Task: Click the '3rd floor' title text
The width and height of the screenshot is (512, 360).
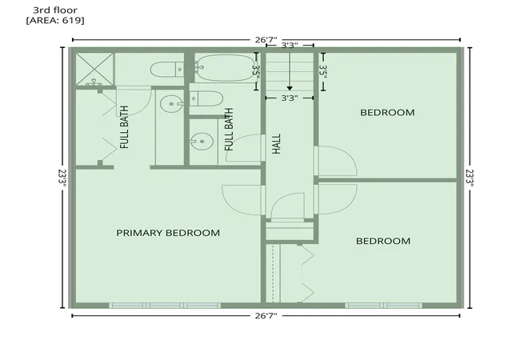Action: tap(55, 10)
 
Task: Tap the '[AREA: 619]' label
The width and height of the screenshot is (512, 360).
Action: tap(55, 21)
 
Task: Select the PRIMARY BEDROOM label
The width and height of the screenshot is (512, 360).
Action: tap(168, 233)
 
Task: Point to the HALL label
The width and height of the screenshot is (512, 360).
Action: tap(277, 144)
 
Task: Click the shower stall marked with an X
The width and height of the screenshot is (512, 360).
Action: tap(94, 69)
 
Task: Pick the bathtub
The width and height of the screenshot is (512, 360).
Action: tap(226, 68)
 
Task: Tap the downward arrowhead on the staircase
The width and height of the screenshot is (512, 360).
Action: tap(290, 89)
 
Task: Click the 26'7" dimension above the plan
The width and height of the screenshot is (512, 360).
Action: tap(266, 40)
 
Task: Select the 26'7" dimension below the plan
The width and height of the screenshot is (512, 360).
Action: tap(266, 315)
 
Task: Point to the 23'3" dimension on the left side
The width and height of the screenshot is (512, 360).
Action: tap(62, 178)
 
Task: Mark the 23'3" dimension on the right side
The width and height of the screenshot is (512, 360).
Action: tap(470, 178)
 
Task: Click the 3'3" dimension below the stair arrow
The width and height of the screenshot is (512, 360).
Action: tap(290, 98)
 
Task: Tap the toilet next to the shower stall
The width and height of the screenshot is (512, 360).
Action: tap(167, 70)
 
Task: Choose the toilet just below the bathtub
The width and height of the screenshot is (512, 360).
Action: tap(206, 98)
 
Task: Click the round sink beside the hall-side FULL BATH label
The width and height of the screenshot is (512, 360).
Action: tap(202, 142)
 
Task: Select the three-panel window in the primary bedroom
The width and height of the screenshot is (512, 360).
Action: tap(165, 306)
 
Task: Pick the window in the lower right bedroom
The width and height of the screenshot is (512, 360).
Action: tap(384, 306)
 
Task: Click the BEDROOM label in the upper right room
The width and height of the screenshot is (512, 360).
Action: tap(387, 112)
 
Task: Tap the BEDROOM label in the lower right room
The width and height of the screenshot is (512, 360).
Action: tap(383, 241)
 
